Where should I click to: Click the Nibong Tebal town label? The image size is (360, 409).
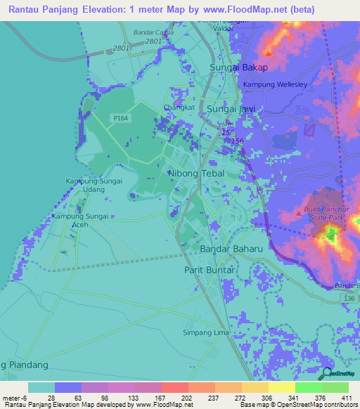point(196,173)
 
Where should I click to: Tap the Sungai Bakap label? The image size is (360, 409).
point(239,67)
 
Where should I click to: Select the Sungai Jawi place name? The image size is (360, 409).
point(231,109)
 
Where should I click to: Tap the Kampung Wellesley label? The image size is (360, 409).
point(276,85)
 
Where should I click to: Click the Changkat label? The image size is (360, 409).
point(177,108)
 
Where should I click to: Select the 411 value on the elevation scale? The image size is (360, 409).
point(347,398)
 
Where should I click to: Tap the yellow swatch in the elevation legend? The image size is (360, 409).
point(281,387)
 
